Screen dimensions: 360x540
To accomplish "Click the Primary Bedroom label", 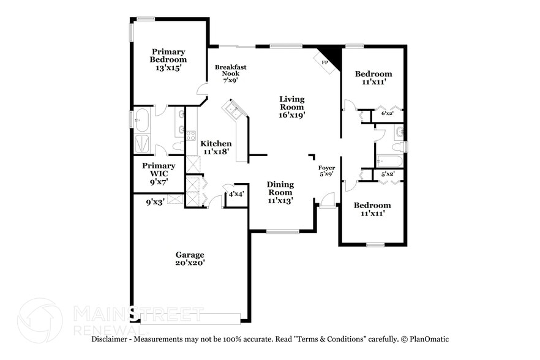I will [x=168, y=59].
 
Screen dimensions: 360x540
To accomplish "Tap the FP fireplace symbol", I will [x=324, y=62].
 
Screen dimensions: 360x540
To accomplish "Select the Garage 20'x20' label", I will [x=190, y=258].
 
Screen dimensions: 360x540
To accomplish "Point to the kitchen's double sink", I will [x=233, y=110].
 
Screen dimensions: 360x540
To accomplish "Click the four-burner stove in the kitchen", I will [x=191, y=136].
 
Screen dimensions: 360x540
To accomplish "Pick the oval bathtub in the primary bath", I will [x=142, y=120].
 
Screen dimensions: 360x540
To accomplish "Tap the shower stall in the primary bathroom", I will [x=142, y=144].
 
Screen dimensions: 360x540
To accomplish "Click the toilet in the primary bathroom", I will [x=178, y=146].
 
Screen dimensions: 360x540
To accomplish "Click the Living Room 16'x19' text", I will [x=292, y=107].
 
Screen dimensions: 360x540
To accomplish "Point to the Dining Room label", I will [x=280, y=192].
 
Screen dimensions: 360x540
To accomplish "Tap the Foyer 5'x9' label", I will [x=326, y=170].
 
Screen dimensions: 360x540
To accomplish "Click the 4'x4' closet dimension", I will [x=236, y=195].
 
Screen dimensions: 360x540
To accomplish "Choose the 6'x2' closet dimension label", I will [x=388, y=113].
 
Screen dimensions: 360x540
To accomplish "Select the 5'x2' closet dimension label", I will [x=388, y=174].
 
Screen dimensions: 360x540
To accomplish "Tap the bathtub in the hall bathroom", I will [x=389, y=161].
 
